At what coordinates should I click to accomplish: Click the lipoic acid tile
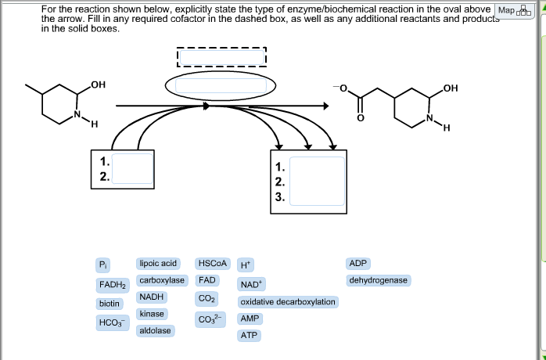[158, 264]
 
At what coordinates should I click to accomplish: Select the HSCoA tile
[212, 264]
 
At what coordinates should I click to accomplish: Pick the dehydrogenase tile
[379, 280]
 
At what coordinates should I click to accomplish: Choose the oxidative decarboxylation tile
[288, 301]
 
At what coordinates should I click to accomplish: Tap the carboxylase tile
[162, 280]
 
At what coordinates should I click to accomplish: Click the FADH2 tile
[113, 283]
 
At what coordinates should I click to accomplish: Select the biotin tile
[109, 303]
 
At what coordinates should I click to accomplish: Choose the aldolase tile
[155, 331]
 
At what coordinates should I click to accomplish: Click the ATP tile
[250, 335]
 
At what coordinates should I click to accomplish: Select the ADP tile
[358, 264]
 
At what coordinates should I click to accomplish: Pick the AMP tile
[250, 319]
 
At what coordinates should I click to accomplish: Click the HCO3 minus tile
[110, 322]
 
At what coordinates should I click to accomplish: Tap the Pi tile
[103, 264]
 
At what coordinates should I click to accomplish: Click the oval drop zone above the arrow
[210, 85]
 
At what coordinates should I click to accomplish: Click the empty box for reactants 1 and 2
[131, 168]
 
